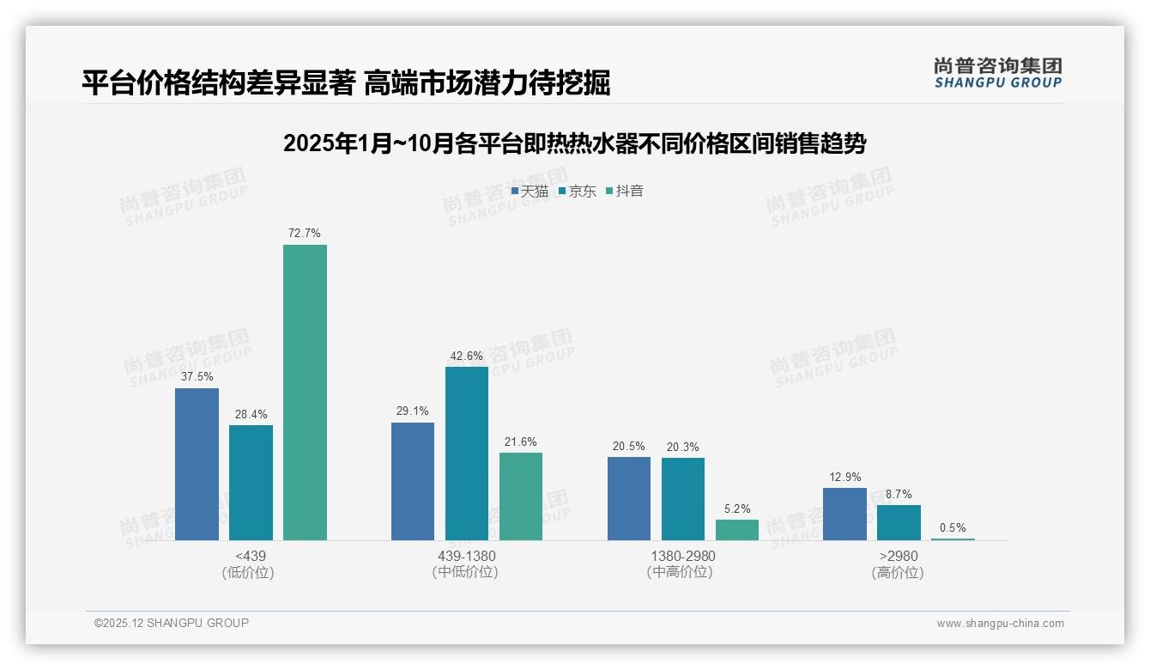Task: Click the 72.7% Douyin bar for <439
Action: (305, 393)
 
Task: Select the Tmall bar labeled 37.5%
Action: (197, 464)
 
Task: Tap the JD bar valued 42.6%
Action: (467, 454)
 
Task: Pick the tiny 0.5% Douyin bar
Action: (953, 539)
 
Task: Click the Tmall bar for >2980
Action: (844, 514)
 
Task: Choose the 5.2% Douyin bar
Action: (737, 530)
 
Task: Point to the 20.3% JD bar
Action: (683, 499)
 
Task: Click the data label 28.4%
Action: (251, 415)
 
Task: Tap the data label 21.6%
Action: (521, 442)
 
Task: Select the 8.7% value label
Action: (899, 495)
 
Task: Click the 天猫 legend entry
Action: (530, 192)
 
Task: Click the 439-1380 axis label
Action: (466, 556)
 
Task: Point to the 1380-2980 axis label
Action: (682, 556)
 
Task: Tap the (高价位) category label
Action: (898, 572)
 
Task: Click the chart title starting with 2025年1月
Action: (574, 143)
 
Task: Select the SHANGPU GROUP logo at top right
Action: (997, 73)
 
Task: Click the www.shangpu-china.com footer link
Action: (1000, 624)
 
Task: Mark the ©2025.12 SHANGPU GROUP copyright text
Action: (172, 623)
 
